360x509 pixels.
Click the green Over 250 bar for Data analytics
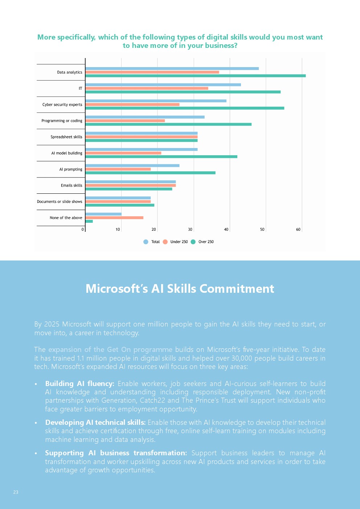coord(195,76)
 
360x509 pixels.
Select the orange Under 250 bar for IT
coord(147,88)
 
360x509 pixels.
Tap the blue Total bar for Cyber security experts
coord(156,101)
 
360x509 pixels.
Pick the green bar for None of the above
coord(89,221)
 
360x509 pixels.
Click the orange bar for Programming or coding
coord(125,120)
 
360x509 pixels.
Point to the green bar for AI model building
coord(161,157)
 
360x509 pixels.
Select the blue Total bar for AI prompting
coord(132,165)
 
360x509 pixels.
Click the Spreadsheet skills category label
coord(66,137)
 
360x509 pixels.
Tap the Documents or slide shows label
coord(60,202)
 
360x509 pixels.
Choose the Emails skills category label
coord(71,185)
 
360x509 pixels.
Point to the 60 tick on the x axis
coord(298,229)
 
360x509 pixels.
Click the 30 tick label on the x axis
coord(190,229)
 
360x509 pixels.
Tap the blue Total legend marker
coord(146,242)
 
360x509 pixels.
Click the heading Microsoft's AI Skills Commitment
coord(180,288)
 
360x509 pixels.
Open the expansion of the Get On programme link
coord(110,349)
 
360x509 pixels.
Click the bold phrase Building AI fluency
coord(79,383)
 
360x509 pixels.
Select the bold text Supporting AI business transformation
coord(116,453)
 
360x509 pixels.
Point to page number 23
coord(16,492)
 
